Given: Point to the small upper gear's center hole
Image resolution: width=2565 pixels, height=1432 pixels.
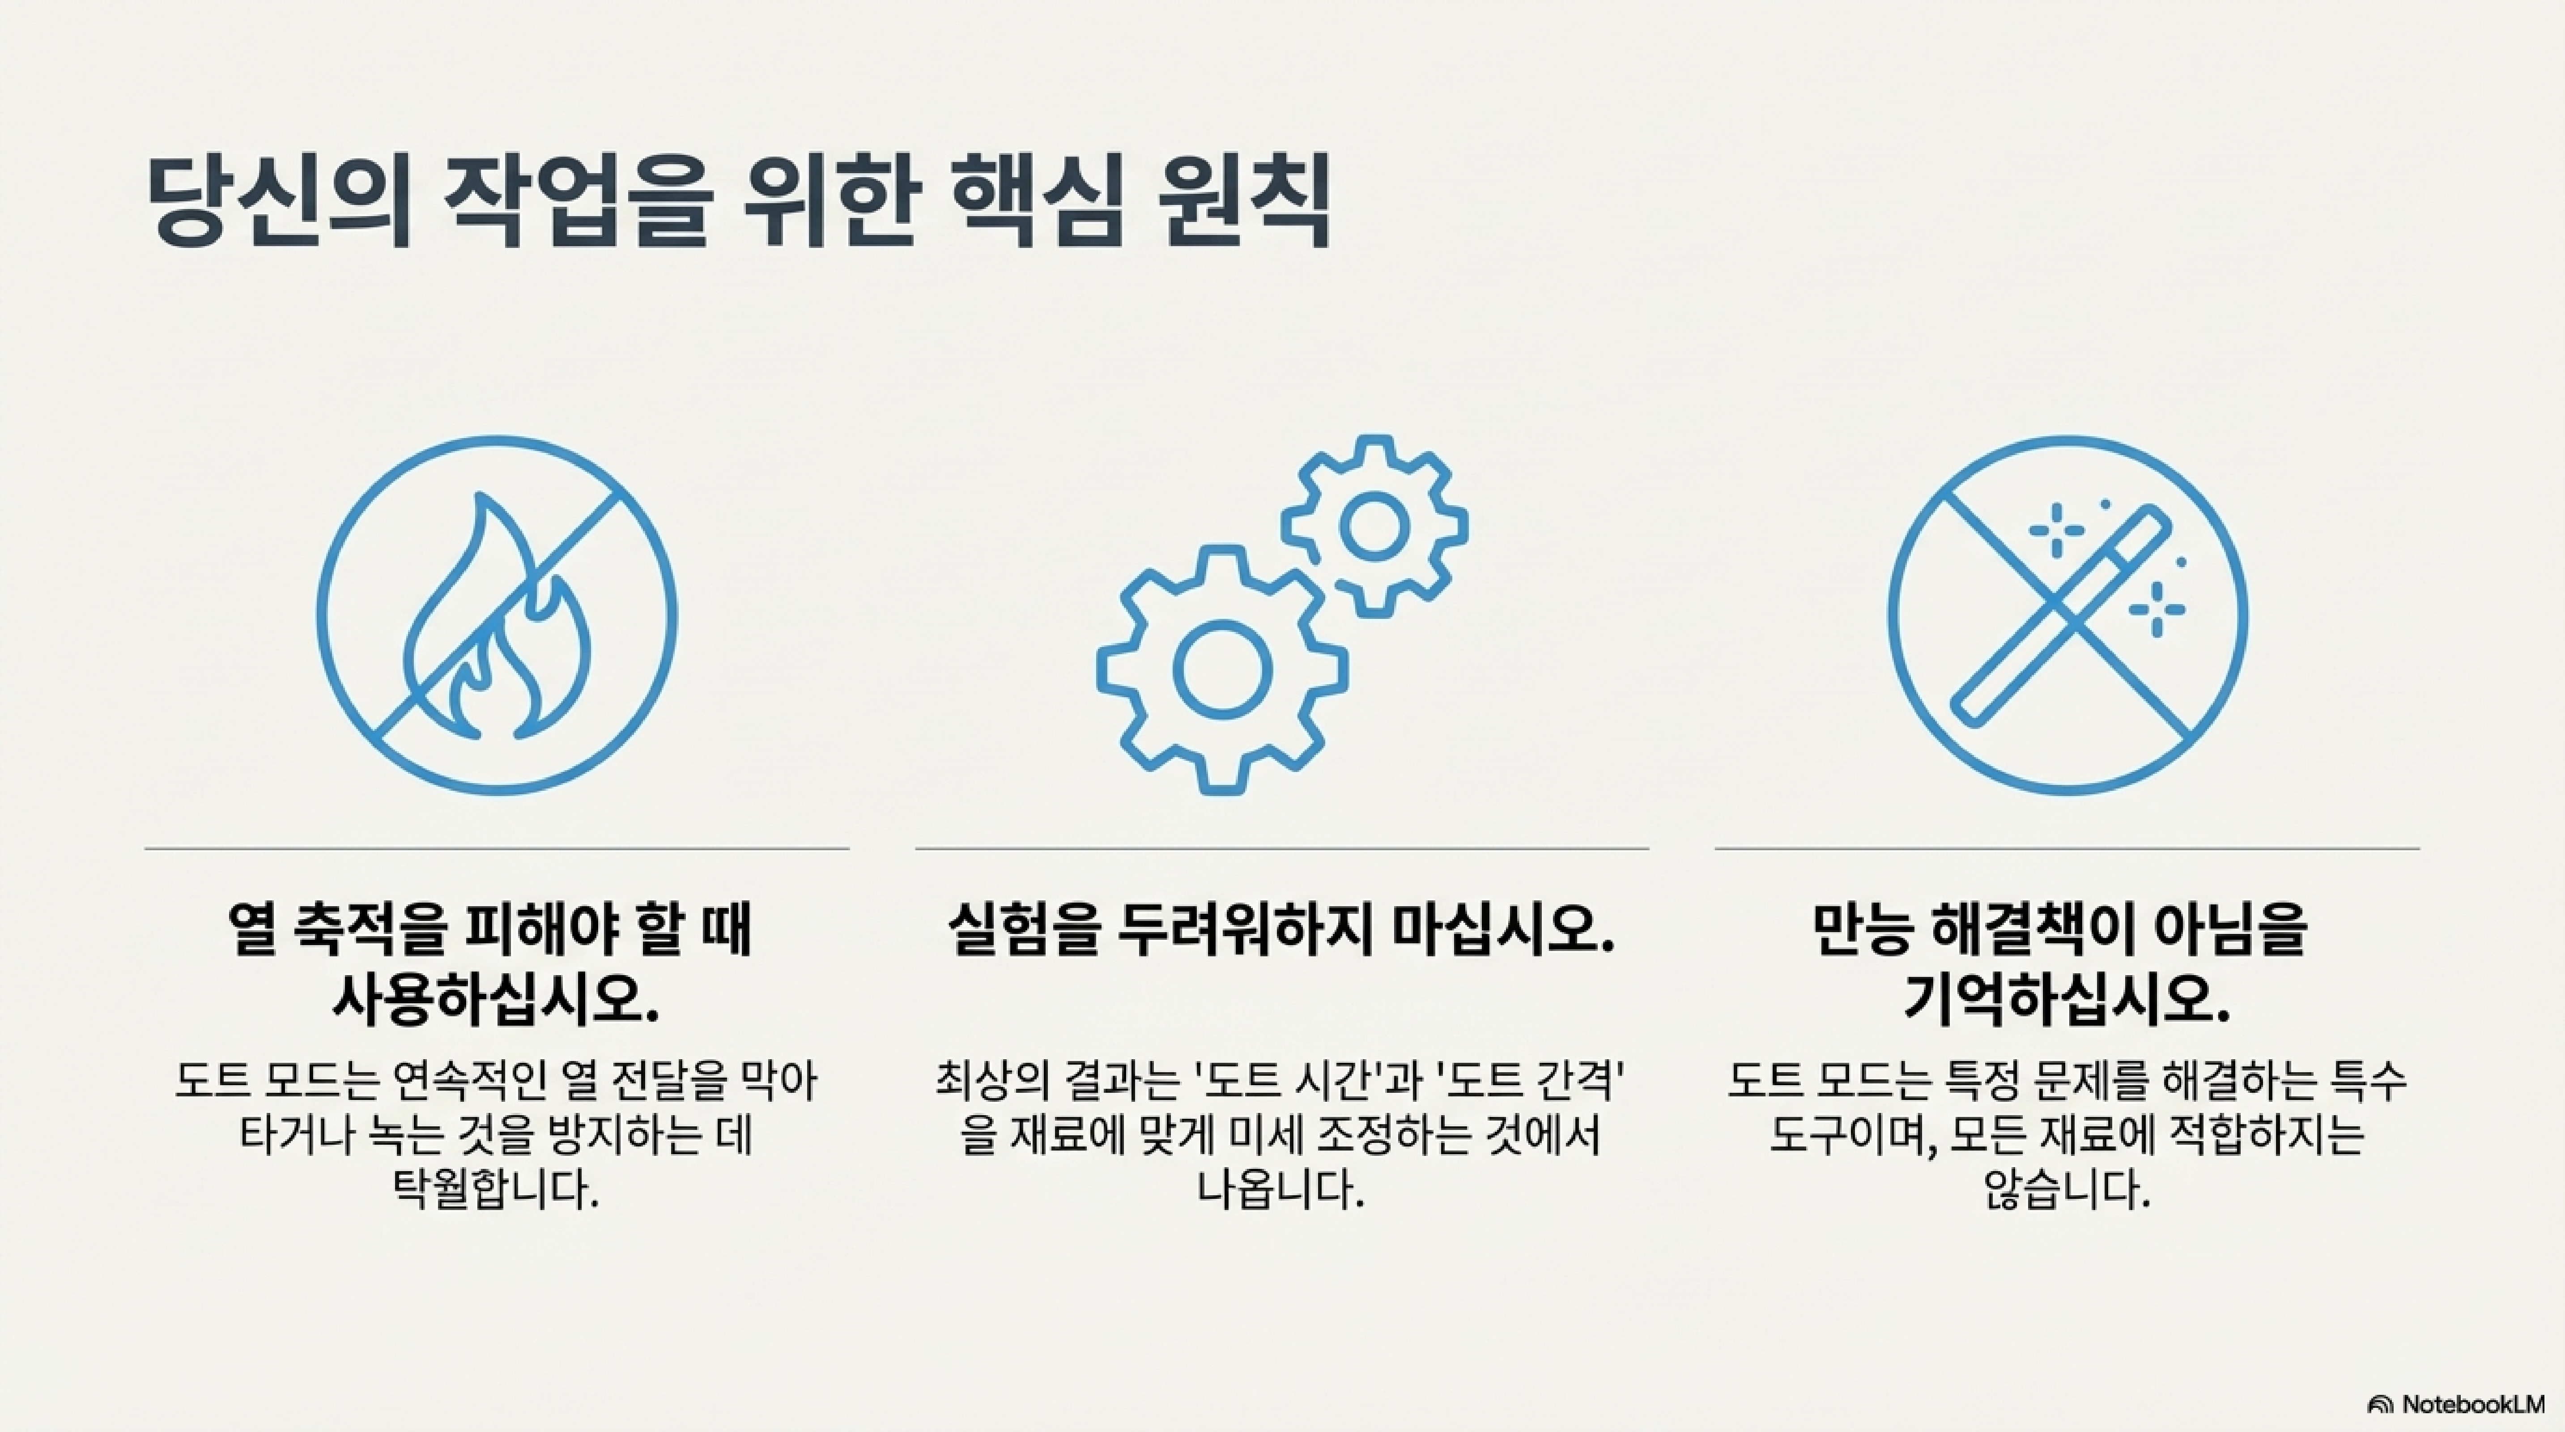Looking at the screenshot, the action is (1374, 526).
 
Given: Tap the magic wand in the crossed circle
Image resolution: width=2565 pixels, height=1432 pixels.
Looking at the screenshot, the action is (2061, 618).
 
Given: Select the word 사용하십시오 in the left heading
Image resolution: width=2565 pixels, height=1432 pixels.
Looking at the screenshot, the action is (496, 999).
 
